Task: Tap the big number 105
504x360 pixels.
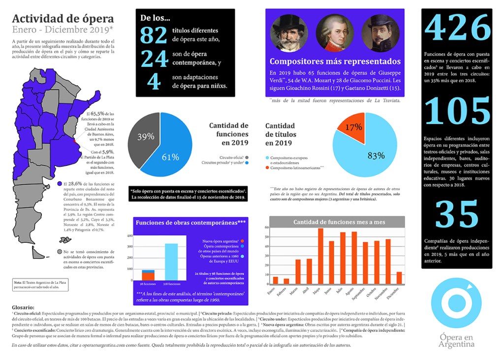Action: [456, 112]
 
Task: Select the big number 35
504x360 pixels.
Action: [456, 214]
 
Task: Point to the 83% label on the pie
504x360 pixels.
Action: [376, 156]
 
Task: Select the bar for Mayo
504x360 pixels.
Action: [320, 256]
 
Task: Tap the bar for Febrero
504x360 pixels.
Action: [286, 281]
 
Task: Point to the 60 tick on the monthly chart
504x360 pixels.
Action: [267, 228]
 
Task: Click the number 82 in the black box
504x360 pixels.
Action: [153, 36]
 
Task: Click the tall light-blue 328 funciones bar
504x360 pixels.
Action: [171, 262]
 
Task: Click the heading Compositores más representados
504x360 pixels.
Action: [335, 62]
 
